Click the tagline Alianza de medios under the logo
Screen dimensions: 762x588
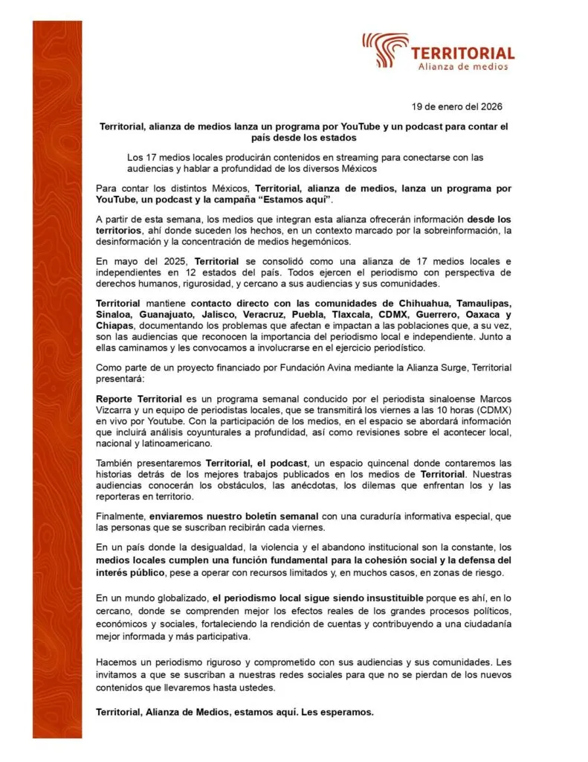463,66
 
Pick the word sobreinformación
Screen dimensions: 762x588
430,231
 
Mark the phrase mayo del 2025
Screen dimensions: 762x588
143,262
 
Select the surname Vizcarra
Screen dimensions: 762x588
115,409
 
